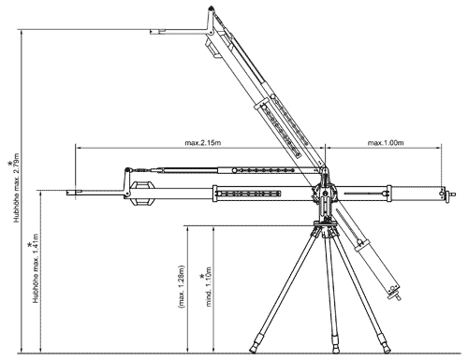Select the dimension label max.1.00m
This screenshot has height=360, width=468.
(386, 143)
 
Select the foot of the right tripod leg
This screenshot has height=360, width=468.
(382, 347)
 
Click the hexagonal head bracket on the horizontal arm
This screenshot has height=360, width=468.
(142, 193)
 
